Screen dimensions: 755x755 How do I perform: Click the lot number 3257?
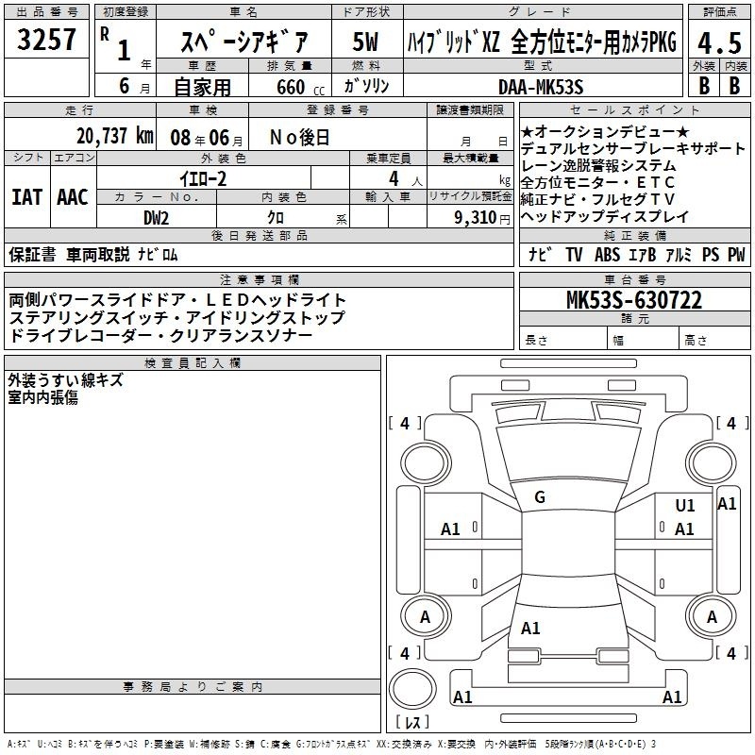point(46,40)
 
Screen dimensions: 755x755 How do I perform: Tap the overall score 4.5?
point(719,43)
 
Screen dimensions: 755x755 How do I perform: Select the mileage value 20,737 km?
point(115,136)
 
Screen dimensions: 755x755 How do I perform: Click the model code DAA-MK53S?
point(541,87)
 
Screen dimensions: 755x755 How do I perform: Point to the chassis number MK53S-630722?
point(634,300)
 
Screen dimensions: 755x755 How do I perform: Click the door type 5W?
point(365,42)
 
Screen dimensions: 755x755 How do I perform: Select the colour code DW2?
point(156,218)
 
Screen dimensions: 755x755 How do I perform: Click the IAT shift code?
point(26,197)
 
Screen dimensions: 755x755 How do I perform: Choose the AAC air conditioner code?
point(73,197)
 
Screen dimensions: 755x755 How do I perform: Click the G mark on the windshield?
point(540,497)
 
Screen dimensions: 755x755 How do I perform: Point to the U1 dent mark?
point(685,505)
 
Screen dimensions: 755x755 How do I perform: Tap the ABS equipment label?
point(607,254)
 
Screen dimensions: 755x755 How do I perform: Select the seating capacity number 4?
point(394,178)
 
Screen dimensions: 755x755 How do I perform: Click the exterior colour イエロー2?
point(203,179)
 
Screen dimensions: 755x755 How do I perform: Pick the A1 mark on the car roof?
point(530,628)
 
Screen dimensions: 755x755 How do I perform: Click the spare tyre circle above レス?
point(412,688)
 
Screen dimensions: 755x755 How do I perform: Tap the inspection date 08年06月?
point(207,138)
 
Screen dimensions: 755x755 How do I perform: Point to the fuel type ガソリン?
point(366,86)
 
